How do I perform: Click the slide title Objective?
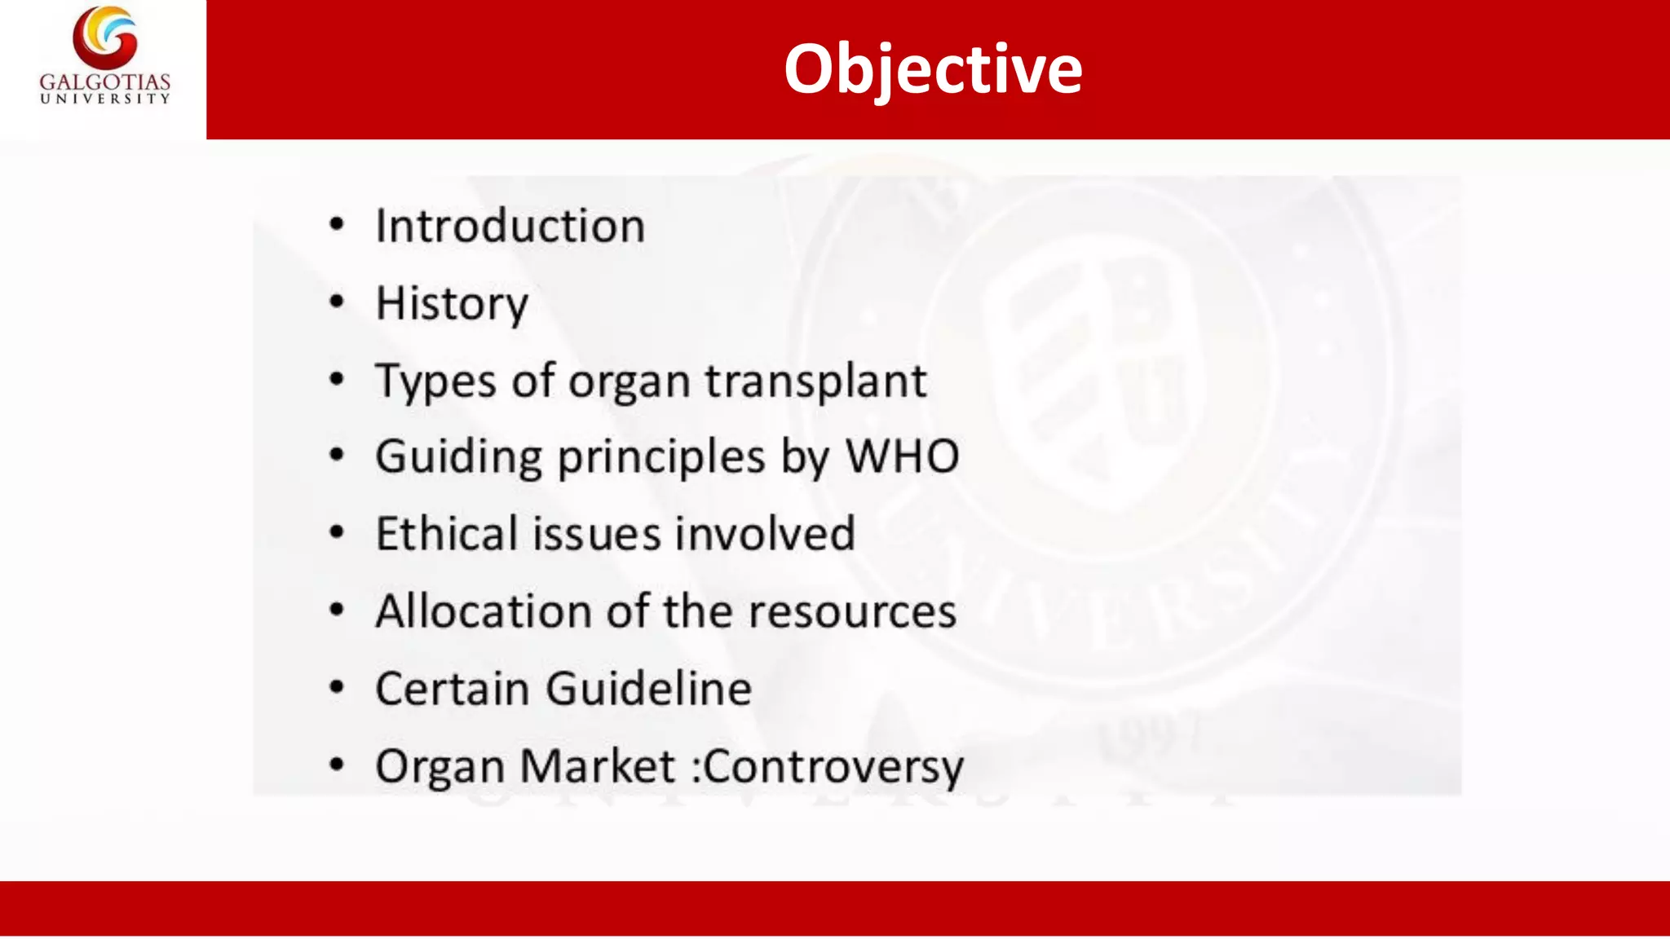coord(932,69)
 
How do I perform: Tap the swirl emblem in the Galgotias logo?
coord(105,37)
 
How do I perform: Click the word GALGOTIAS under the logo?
coord(105,82)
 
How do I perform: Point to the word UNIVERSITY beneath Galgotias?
coord(105,99)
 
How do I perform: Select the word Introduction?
coord(510,226)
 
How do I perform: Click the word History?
coord(452,304)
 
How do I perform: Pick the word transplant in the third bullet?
coord(815,381)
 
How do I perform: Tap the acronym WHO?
coord(903,456)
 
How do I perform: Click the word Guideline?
coord(649,689)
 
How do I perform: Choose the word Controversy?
coord(833,767)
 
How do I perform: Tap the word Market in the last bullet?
coord(598,766)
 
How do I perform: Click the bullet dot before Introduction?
coord(337,224)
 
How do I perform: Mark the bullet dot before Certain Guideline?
coord(337,687)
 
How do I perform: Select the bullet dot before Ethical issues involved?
coord(337,532)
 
